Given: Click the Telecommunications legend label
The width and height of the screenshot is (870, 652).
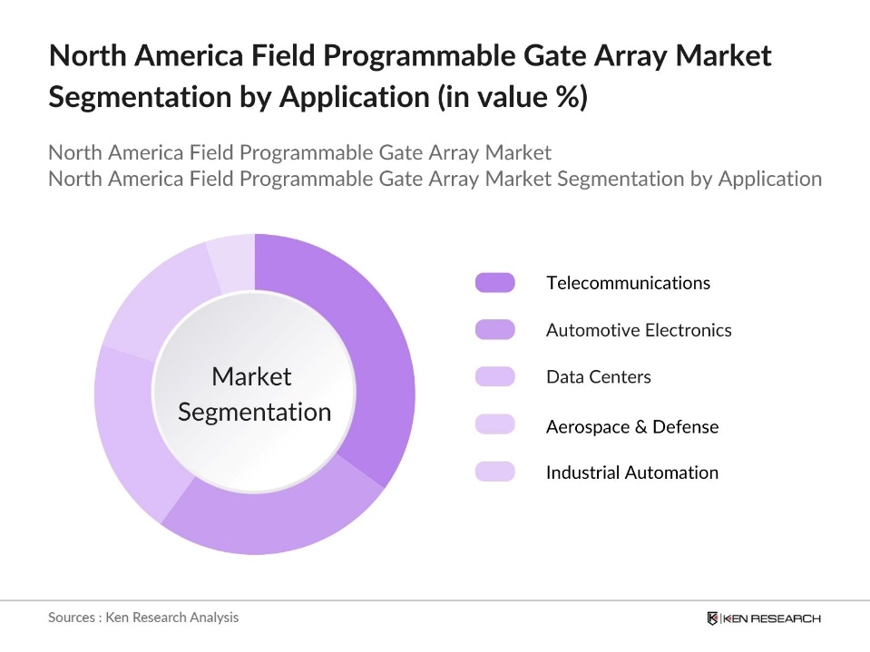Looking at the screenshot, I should (628, 283).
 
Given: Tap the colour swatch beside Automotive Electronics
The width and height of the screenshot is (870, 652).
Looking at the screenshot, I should (494, 330).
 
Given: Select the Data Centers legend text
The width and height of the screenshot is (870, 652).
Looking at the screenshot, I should (598, 377).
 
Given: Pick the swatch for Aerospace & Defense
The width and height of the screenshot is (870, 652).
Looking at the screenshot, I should (494, 425).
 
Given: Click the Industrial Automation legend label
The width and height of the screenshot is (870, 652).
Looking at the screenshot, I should (631, 472).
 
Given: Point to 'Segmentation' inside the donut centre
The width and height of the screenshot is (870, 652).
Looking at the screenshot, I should (254, 413).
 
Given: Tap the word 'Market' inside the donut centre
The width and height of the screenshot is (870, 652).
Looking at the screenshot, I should (251, 376).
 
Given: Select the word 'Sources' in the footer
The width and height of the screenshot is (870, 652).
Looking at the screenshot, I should (73, 618).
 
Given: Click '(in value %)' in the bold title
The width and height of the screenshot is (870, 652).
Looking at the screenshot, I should (513, 96).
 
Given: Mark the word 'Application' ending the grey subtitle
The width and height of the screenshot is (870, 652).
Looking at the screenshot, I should (769, 179).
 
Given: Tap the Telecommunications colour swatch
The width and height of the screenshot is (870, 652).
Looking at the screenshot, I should (494, 283).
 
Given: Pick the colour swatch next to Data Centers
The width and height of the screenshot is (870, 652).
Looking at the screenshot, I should (494, 377).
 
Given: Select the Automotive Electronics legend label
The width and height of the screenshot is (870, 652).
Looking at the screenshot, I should (639, 330).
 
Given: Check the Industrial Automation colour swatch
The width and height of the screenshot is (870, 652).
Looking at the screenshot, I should (494, 472).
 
